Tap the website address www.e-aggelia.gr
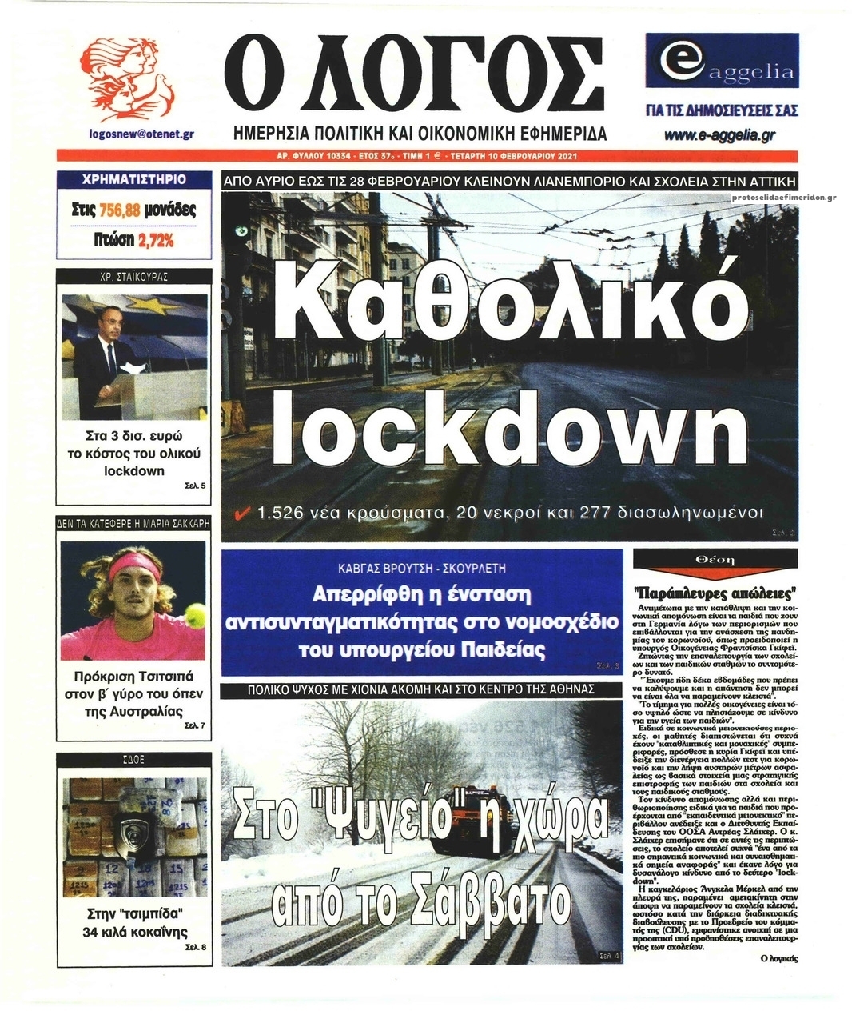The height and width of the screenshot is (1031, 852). [723, 135]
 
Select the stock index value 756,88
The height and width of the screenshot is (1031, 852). [121, 210]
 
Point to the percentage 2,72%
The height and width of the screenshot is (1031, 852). [156, 239]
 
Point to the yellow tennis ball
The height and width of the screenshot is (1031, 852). [194, 613]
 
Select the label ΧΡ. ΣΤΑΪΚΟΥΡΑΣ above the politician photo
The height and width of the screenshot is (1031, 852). [134, 277]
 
